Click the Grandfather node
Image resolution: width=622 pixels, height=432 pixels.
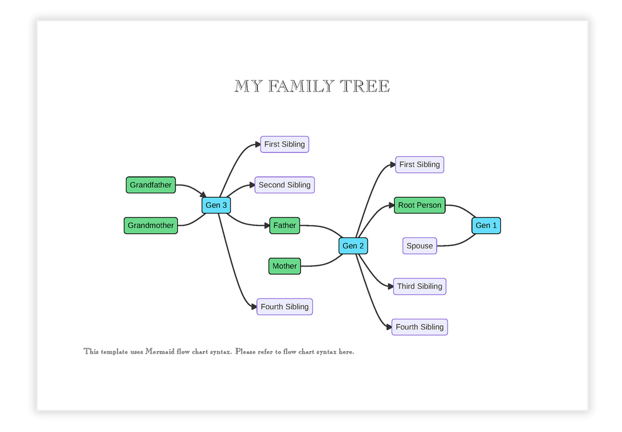151,185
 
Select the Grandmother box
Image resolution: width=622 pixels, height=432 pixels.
151,226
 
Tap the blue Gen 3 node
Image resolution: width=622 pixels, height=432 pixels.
216,205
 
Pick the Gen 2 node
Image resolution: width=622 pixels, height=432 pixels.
353,246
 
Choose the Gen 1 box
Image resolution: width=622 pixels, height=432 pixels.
486,226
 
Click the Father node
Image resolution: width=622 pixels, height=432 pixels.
285,226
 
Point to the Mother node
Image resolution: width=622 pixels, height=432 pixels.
284,266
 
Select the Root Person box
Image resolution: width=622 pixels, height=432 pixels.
420,205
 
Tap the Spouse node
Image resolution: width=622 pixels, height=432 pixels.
420,246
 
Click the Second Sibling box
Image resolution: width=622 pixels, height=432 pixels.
284,185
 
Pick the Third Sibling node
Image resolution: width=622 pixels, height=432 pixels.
420,287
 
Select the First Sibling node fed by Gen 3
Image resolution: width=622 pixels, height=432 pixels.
284,144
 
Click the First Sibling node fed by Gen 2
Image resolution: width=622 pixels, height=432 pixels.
420,165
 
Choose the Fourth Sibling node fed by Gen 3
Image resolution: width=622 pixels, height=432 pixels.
284,306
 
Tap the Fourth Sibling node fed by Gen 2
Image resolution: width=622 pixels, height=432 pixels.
420,327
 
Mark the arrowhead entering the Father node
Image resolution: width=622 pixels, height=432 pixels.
266,226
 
